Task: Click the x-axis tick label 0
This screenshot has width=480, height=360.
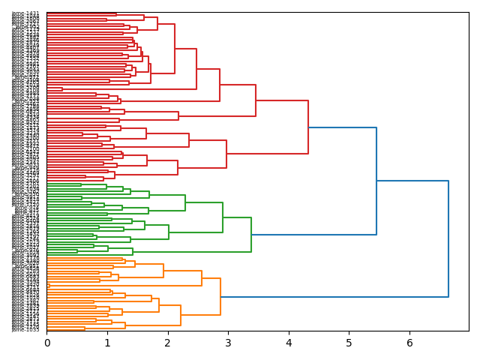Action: pos(46,343)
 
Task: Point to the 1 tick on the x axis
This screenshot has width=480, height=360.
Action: pos(107,343)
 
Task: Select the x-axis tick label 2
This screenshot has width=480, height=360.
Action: pos(168,343)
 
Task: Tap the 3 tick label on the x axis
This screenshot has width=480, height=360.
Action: pos(228,343)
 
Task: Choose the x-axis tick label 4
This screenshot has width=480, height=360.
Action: pos(289,343)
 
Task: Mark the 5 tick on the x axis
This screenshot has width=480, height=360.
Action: pos(349,343)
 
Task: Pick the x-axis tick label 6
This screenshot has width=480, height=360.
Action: pos(409,343)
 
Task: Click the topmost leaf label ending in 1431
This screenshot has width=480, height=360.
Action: pos(26,13)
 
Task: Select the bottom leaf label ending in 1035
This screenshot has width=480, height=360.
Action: pos(26,329)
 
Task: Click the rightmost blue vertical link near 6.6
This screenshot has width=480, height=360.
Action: pos(448,238)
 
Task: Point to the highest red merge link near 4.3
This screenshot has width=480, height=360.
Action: pos(308,127)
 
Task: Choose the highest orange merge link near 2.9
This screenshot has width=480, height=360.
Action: pos(220,297)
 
